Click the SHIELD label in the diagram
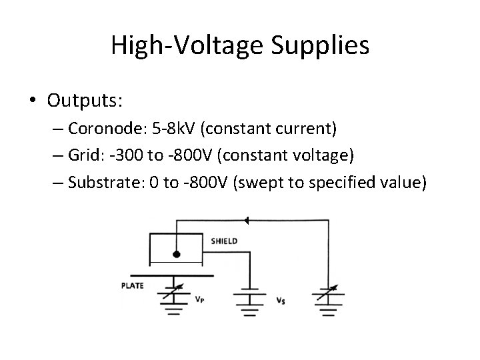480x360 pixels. (223, 241)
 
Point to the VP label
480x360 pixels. (199, 300)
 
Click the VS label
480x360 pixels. (281, 300)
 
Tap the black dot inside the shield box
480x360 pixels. (177, 255)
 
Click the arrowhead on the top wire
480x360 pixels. (246, 219)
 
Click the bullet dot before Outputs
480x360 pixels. (31, 101)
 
